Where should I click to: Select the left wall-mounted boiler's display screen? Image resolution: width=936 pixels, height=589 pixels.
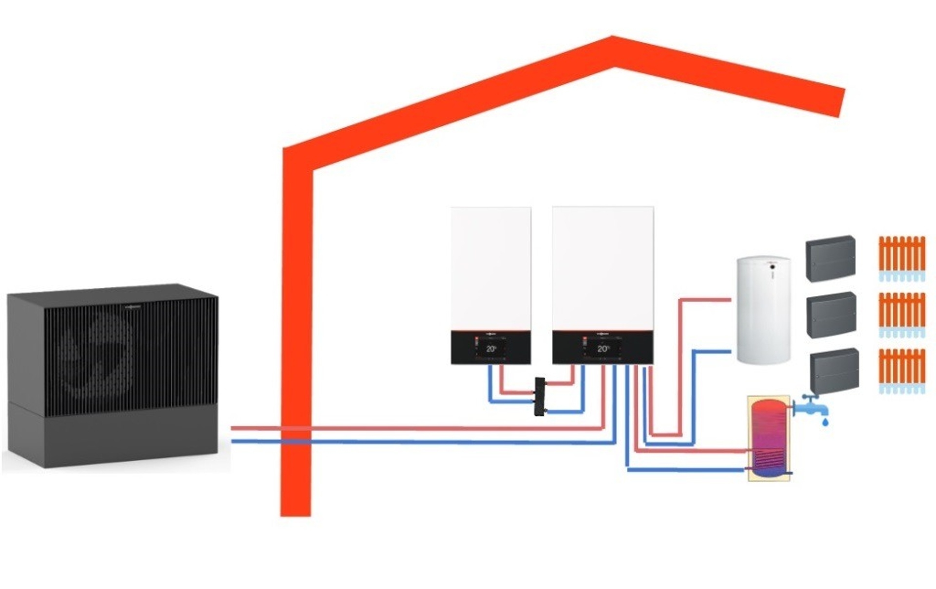(x=491, y=348)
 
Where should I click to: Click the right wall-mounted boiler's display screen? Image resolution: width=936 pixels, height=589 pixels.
(x=603, y=348)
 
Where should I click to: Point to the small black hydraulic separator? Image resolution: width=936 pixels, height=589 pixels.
(x=540, y=396)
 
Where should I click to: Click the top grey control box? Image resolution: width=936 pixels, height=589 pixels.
(x=830, y=258)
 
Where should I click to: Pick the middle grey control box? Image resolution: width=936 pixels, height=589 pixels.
(x=832, y=314)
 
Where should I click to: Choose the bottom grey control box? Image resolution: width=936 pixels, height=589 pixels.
(x=834, y=371)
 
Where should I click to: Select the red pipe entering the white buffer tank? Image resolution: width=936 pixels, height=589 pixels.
(x=707, y=299)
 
